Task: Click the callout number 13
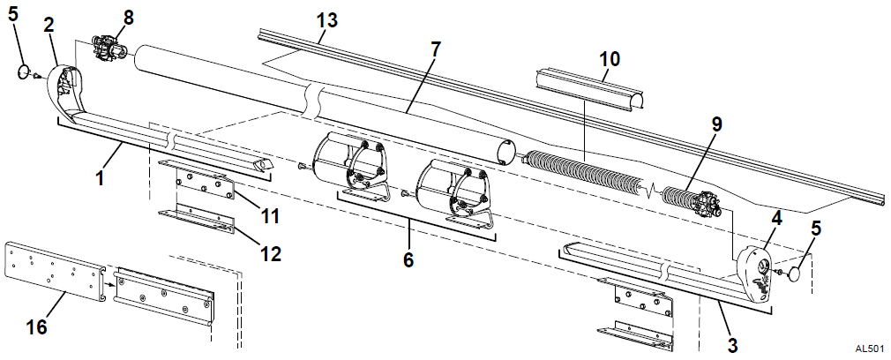(326, 20)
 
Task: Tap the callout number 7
(435, 49)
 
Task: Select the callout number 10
(609, 59)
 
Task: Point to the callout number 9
(716, 124)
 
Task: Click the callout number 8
(129, 17)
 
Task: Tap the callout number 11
(270, 216)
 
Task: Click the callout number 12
(270, 253)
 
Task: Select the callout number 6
(408, 260)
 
